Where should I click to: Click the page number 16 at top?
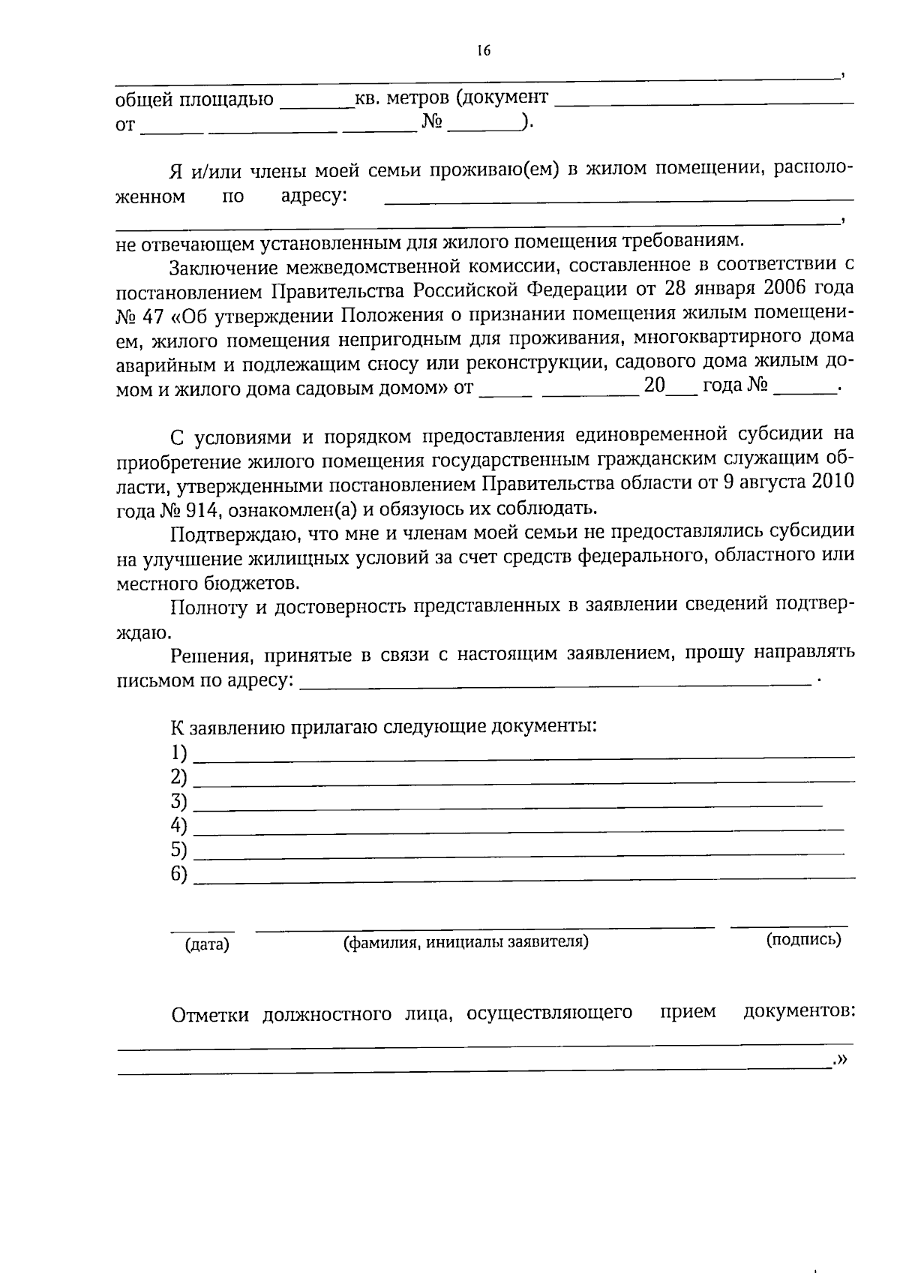[x=482, y=51]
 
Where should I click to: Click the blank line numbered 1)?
[x=523, y=755]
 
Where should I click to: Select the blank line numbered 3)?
[x=508, y=804]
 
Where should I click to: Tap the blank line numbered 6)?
[x=523, y=876]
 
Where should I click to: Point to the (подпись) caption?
[x=803, y=939]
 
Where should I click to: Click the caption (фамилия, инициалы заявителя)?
[x=466, y=942]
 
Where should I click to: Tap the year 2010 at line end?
[x=832, y=482]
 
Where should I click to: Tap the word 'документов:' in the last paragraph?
[x=799, y=1012]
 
